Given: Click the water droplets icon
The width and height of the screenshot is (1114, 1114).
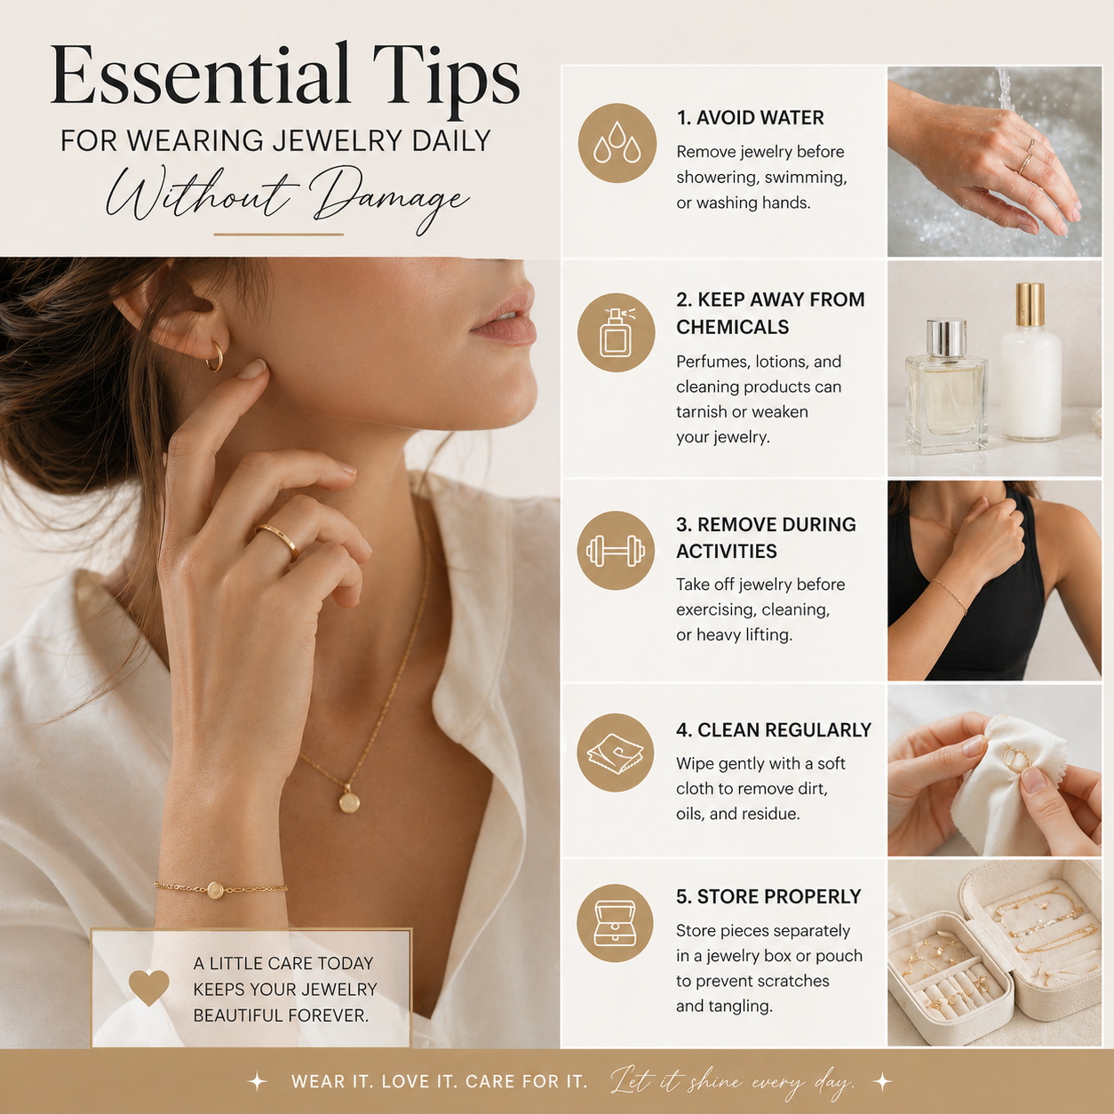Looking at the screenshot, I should [x=617, y=143].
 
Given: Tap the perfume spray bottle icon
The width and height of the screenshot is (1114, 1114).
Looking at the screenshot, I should [x=617, y=333].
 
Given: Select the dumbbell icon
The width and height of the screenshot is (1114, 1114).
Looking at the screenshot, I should [x=616, y=551].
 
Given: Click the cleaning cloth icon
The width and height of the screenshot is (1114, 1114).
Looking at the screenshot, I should [x=616, y=753].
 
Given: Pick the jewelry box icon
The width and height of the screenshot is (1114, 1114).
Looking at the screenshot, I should [x=616, y=923].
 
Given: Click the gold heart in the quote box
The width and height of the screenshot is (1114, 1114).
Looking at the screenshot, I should [x=148, y=988].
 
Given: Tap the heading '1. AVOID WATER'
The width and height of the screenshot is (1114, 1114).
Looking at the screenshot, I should [x=750, y=118].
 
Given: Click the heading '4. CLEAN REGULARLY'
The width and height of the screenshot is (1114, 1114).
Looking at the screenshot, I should [x=773, y=730].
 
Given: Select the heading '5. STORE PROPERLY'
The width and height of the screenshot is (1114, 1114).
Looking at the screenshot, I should [x=768, y=897].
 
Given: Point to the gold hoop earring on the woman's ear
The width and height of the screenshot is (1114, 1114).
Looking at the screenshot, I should [x=215, y=357].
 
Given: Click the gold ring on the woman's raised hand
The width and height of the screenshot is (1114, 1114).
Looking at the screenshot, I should [x=278, y=539].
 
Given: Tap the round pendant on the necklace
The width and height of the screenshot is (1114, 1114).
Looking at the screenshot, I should [x=349, y=802].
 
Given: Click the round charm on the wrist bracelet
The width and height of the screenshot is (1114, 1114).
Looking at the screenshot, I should [x=215, y=890].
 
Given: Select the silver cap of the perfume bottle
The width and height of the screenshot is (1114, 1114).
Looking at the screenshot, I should [x=946, y=338].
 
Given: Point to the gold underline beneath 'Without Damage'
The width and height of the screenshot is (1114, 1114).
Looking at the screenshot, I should [x=278, y=235].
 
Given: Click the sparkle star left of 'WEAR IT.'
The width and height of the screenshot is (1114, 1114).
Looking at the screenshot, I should [x=257, y=1081].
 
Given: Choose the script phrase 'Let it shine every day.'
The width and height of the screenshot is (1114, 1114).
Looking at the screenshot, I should [x=732, y=1082].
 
